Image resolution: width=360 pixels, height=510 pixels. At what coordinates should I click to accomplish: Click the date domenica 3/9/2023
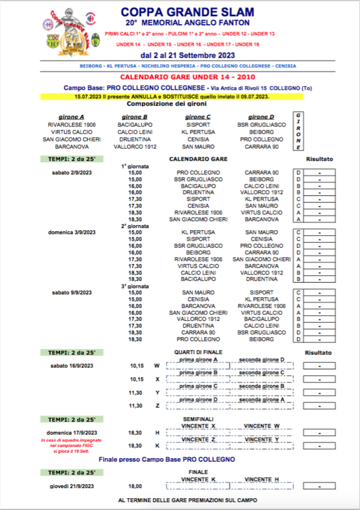click(71, 232)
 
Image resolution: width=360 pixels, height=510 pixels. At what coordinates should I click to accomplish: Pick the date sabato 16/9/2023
click(71, 366)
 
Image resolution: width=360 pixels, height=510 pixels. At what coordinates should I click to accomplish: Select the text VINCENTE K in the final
click(198, 479)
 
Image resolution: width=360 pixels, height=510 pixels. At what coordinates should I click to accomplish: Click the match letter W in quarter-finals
click(157, 366)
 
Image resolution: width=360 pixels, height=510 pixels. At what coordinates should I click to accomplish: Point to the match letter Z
click(157, 406)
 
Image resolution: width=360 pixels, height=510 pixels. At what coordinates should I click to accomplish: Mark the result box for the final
click(319, 485)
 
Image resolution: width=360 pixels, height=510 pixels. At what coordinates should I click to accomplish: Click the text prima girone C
click(198, 386)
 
